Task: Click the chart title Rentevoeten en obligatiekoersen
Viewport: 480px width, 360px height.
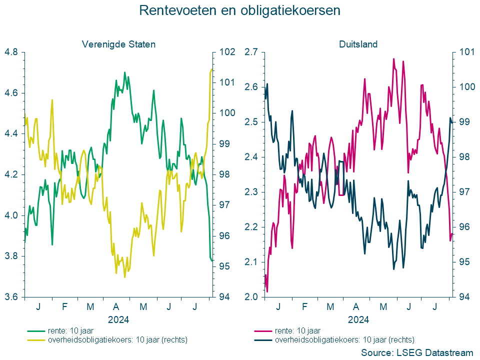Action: [239, 10]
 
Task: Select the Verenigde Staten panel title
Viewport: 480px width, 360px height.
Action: [118, 44]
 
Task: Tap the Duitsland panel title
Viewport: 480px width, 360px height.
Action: [358, 44]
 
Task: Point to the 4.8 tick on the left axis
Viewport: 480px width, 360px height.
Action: [11, 52]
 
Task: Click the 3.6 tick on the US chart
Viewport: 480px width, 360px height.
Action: [11, 297]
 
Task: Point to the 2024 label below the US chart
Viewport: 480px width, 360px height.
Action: [118, 319]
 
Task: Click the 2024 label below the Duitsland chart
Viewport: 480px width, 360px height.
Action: [358, 319]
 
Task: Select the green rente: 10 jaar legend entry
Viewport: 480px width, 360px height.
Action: [70, 330]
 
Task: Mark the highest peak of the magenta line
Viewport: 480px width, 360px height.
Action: [393, 59]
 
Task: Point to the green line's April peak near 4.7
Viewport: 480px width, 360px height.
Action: [124, 72]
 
